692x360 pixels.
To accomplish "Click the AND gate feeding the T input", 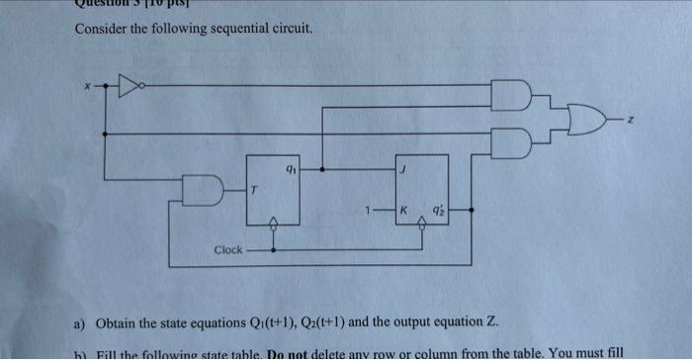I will tap(200, 189).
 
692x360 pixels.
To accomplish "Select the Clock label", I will tap(227, 249).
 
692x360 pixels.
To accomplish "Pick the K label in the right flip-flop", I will tap(403, 211).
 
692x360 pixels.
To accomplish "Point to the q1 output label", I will tap(290, 168).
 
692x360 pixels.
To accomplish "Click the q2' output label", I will tap(436, 211).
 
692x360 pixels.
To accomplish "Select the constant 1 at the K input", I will tap(366, 211).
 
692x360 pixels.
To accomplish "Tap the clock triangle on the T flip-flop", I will tap(273, 224).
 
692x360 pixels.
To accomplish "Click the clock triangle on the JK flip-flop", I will tap(422, 225).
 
